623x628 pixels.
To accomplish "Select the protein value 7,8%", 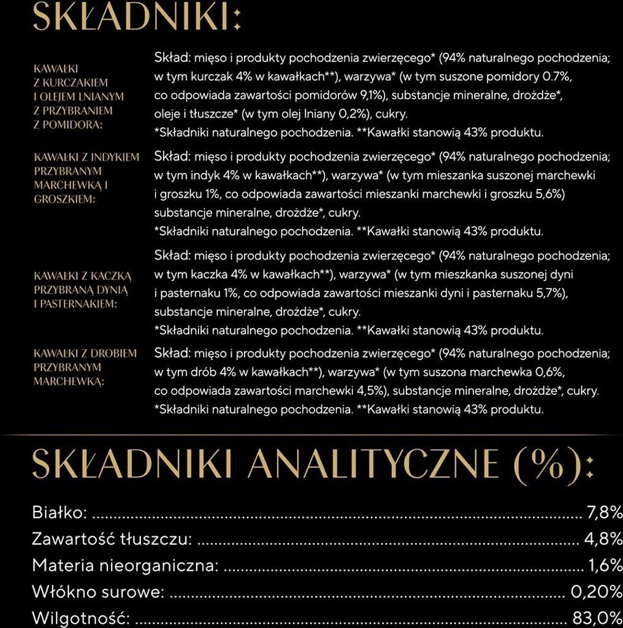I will tap(605, 512).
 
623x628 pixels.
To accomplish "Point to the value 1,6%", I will tap(605, 565).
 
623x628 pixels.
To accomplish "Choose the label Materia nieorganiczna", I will tap(125, 565).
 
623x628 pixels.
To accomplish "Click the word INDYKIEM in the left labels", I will tap(114, 157).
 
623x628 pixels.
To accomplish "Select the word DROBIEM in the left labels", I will tap(114, 353).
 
